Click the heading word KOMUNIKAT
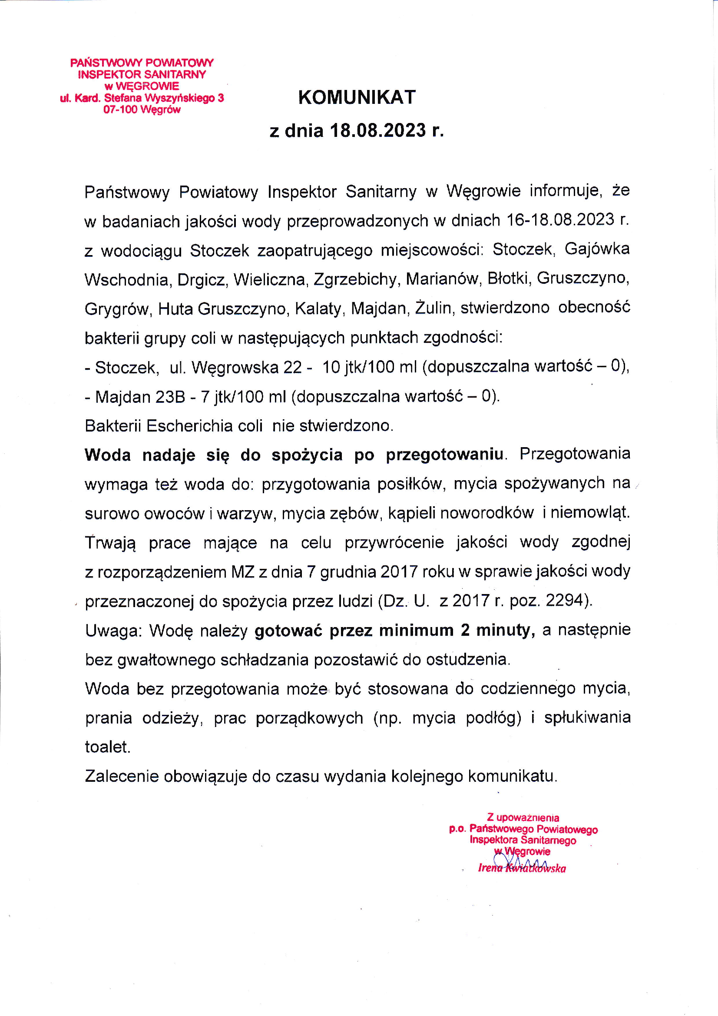(x=357, y=97)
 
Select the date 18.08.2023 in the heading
(x=378, y=130)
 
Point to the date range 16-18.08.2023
(x=560, y=220)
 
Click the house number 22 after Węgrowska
(x=293, y=367)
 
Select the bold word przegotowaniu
(x=444, y=455)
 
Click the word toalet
(x=107, y=747)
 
